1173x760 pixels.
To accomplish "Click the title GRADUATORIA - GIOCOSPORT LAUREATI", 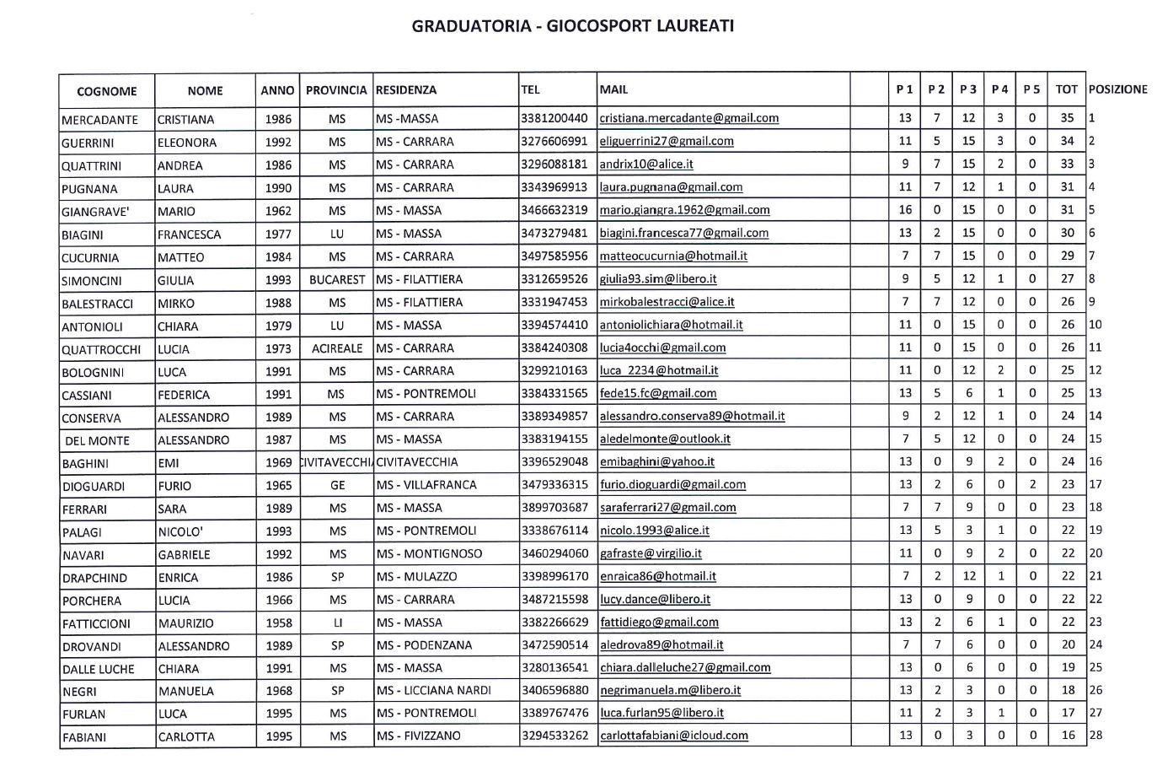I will pyautogui.click(x=572, y=26).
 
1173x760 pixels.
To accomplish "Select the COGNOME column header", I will pyautogui.click(x=106, y=91).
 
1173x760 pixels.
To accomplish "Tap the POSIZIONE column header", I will pyautogui.click(x=1117, y=89).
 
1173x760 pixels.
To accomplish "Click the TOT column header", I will pyautogui.click(x=1066, y=89).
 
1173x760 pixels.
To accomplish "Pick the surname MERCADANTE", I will pyautogui.click(x=99, y=120).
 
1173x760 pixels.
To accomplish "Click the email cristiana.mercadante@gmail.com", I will pyautogui.click(x=688, y=119).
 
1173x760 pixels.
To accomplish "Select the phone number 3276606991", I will pyautogui.click(x=554, y=142).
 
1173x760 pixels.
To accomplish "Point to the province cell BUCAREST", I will pyautogui.click(x=337, y=279).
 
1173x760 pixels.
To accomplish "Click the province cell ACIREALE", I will pyautogui.click(x=337, y=348).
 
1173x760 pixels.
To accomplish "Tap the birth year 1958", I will pyautogui.click(x=278, y=623).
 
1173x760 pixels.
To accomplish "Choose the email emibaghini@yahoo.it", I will pyautogui.click(x=656, y=462).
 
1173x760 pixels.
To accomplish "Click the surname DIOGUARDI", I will pyautogui.click(x=94, y=487).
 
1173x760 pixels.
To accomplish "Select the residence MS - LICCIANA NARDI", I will pyautogui.click(x=433, y=691).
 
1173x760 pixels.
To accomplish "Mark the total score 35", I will pyautogui.click(x=1067, y=119).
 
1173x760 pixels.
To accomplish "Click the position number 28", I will pyautogui.click(x=1095, y=735).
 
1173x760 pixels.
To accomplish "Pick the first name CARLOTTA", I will pyautogui.click(x=186, y=736).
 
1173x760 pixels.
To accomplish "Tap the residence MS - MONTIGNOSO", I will pyautogui.click(x=429, y=554).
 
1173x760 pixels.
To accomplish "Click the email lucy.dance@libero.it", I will pyautogui.click(x=655, y=600).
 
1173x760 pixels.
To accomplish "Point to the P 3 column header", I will pyautogui.click(x=968, y=89).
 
